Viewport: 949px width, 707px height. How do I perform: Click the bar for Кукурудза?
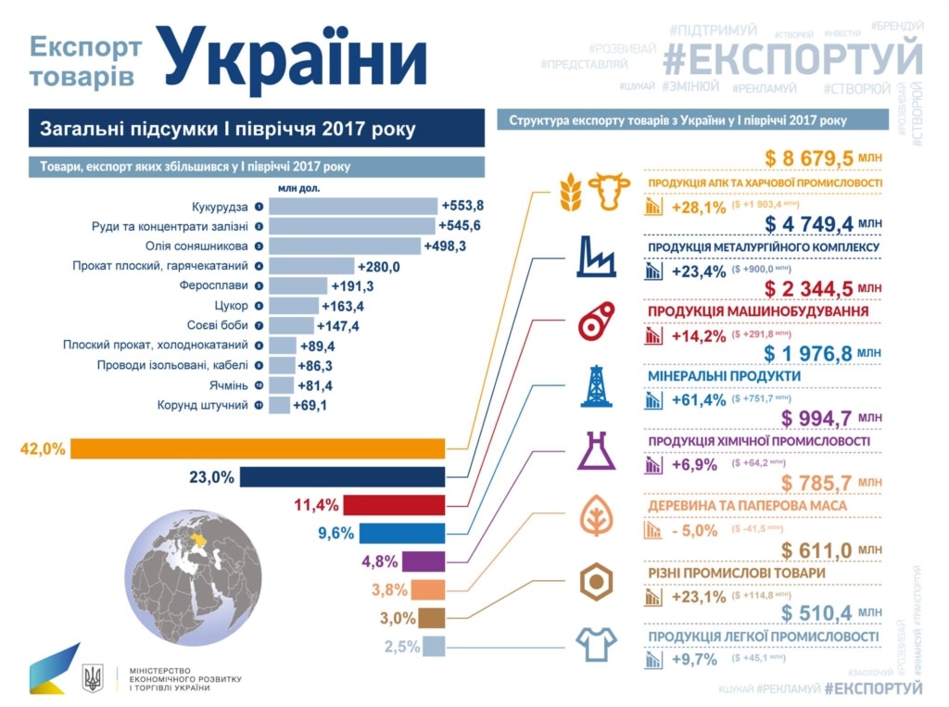coord(353,206)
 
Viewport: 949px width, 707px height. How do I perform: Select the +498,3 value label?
coord(447,246)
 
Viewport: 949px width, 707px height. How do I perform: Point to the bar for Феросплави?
coord(298,286)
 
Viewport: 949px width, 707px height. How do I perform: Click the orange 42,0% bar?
coord(259,449)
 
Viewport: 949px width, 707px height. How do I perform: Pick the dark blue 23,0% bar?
coord(343,477)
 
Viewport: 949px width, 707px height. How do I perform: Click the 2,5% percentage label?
coord(403,647)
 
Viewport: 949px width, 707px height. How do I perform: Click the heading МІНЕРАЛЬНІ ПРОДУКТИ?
coord(723,377)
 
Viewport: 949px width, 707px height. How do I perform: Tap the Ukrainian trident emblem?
coord(93,678)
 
